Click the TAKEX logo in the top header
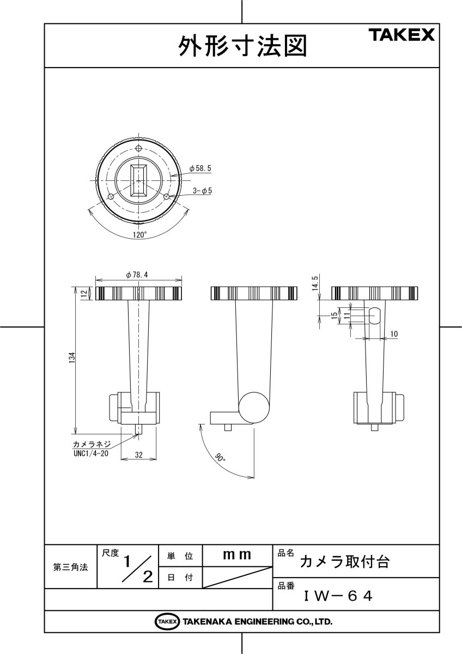(x=403, y=36)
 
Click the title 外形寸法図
(x=242, y=47)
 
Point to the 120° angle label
(x=139, y=235)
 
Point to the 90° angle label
(x=220, y=459)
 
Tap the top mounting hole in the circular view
(x=139, y=149)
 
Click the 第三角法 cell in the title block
(x=70, y=567)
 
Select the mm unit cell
(x=237, y=555)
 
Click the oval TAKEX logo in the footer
(x=167, y=621)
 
